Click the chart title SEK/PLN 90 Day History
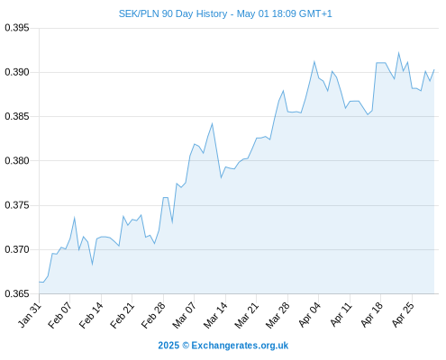pos(173,13)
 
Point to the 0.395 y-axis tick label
pos(17,28)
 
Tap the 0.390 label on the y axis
pos(17,72)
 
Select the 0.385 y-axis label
pos(17,116)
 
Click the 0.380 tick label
pos(17,160)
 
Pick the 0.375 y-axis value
pos(17,205)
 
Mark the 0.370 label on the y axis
pos(17,249)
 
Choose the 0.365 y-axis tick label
pos(17,293)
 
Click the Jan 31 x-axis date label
pos(29,315)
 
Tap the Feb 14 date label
pos(91,315)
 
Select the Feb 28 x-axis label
pos(153,315)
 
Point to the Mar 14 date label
pos(215,315)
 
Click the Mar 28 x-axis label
pos(278,315)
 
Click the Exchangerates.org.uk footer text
pos(240,346)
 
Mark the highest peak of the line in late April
pos(398,53)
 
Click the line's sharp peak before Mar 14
pos(212,123)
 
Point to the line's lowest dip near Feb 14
pos(92,265)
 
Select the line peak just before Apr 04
pos(314,62)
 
